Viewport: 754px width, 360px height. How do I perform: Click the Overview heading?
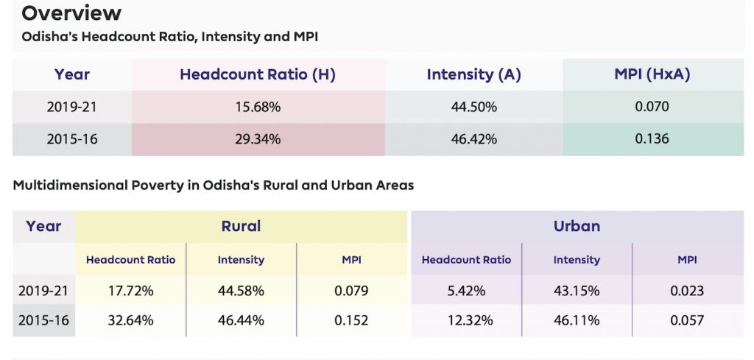coord(71,13)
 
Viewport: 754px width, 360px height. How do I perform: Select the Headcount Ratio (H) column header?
coord(258,74)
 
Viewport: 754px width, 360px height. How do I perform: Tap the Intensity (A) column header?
coord(473,74)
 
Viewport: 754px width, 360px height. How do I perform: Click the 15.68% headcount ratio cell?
coord(258,107)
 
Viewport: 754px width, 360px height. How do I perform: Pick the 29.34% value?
coord(258,138)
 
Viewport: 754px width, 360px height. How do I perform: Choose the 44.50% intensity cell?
coord(473,107)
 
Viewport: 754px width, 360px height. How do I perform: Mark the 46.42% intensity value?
coord(473,138)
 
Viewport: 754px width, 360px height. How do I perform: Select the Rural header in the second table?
coord(241,226)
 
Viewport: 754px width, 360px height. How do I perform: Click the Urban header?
coord(577,226)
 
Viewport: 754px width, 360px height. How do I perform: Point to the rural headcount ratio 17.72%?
coord(130,291)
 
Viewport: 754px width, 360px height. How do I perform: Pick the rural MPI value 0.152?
coord(351,321)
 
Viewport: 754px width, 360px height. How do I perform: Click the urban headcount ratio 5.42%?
coord(466,291)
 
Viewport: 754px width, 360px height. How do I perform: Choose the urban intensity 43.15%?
coord(577,291)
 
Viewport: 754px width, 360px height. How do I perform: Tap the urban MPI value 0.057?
coord(687,321)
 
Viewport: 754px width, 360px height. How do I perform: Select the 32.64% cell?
coord(130,321)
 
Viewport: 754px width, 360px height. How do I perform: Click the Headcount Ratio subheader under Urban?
coord(466,260)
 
